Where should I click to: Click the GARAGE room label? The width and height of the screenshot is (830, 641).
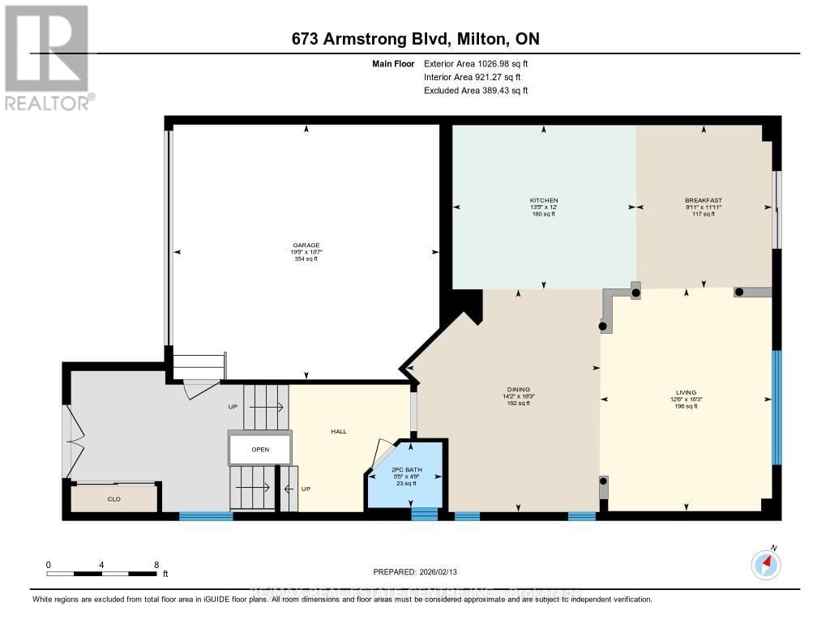tap(306, 245)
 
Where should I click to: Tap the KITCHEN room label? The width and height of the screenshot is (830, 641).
tap(543, 200)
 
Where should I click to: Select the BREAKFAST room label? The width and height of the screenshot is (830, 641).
tap(703, 200)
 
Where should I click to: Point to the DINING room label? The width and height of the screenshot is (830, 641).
tap(518, 390)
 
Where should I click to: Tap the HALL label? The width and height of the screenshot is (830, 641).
tap(339, 431)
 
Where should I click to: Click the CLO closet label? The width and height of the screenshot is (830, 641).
tap(113, 499)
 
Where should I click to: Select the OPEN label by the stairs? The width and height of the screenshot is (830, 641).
tap(260, 449)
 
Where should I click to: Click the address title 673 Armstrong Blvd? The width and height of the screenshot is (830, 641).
tap(415, 38)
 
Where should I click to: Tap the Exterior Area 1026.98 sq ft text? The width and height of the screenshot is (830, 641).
tap(476, 63)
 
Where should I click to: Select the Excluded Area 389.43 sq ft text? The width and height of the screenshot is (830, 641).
tap(476, 91)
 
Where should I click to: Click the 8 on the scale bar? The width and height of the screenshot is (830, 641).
tap(156, 565)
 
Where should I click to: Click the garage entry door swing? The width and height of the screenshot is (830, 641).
tap(199, 390)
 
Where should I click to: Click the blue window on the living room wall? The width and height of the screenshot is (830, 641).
tap(777, 408)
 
